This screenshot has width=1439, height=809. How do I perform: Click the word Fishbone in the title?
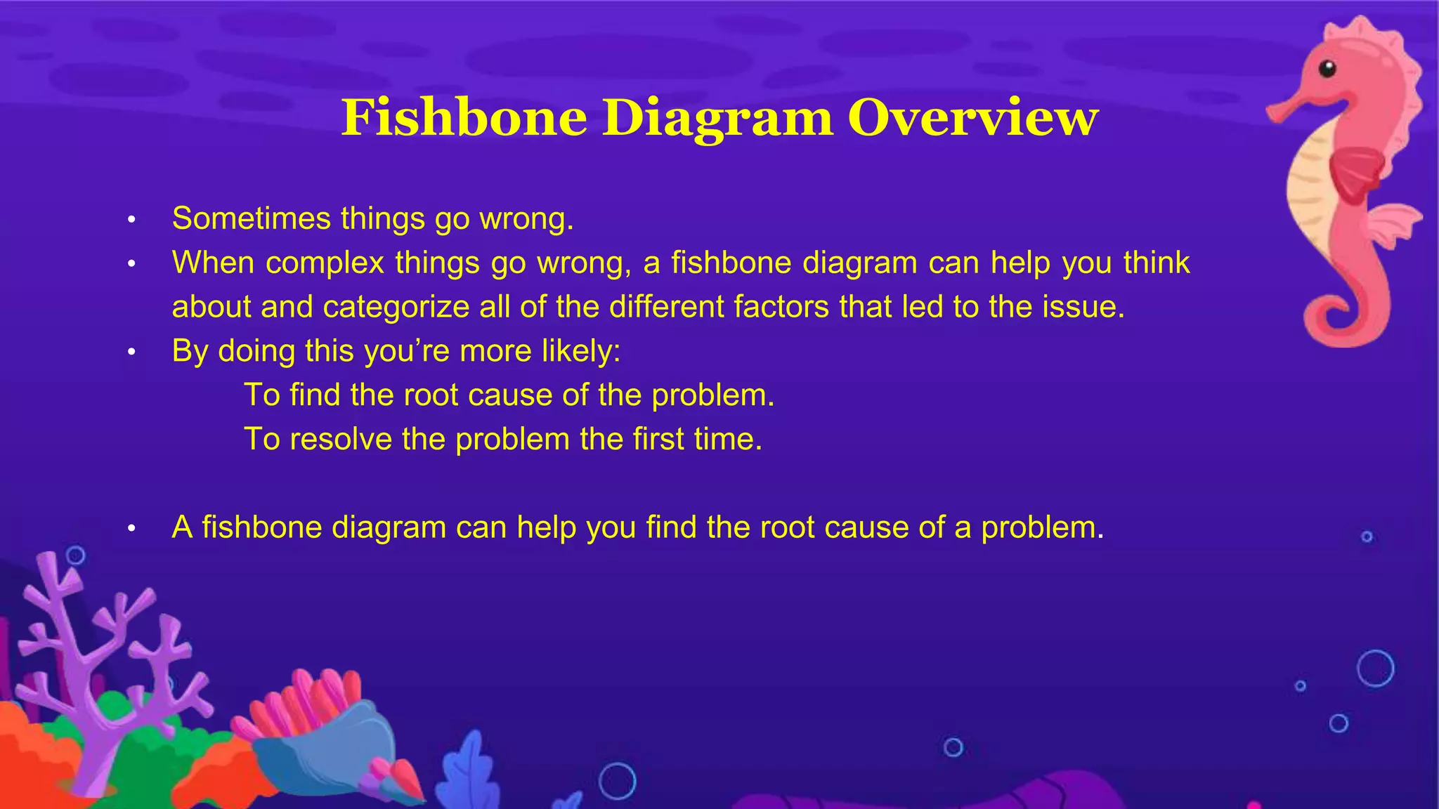pyautogui.click(x=464, y=117)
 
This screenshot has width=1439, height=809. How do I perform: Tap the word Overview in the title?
pyautogui.click(x=972, y=117)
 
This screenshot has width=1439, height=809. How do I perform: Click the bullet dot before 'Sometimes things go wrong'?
pyautogui.click(x=131, y=221)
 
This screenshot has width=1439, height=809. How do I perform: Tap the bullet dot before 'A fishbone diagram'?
pyautogui.click(x=131, y=529)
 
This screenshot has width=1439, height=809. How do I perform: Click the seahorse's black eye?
pyautogui.click(x=1327, y=69)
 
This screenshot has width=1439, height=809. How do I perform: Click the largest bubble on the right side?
pyautogui.click(x=1375, y=668)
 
